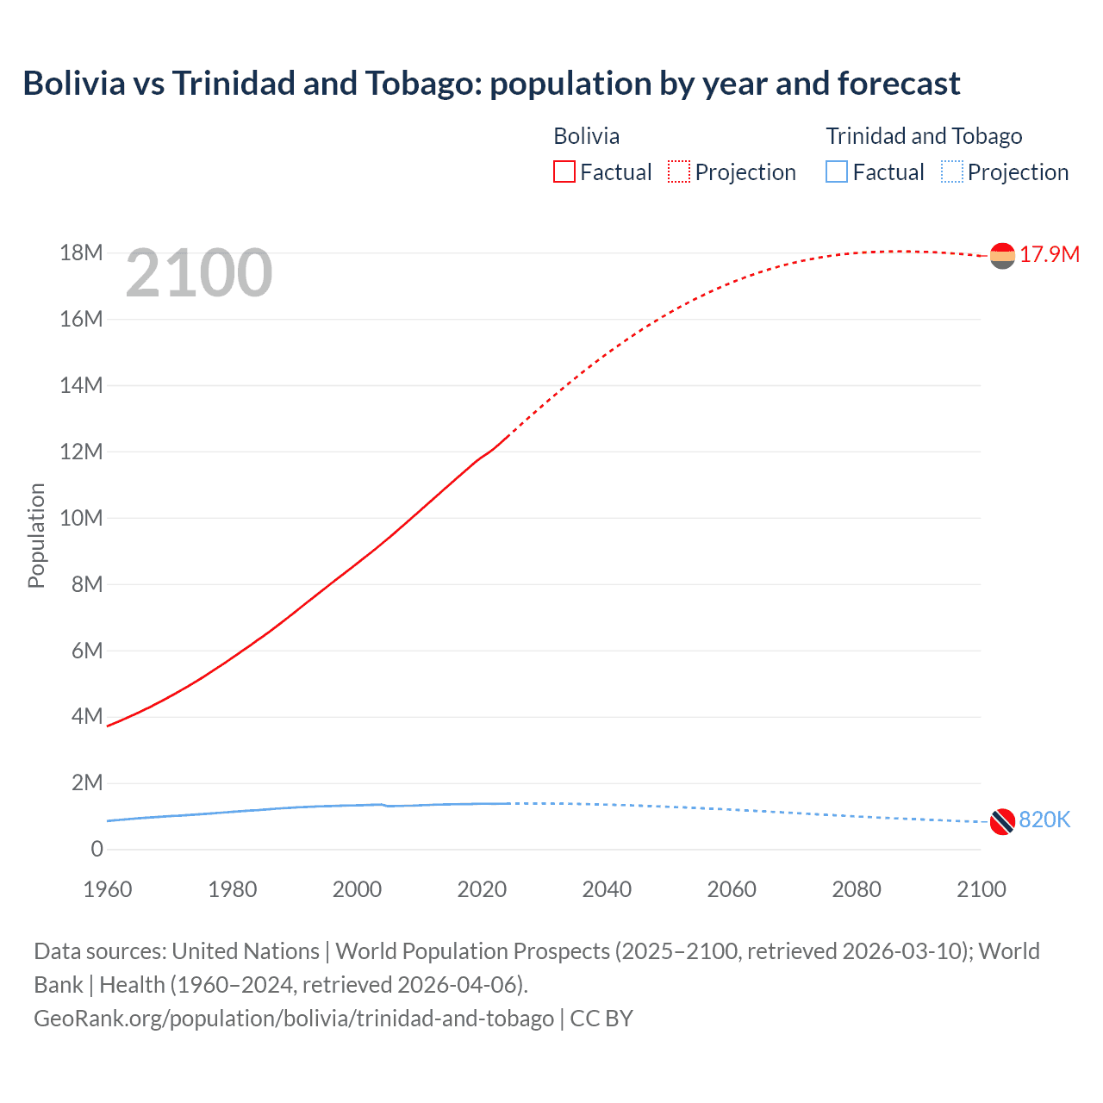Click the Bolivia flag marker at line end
(x=1002, y=256)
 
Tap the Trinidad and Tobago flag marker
(x=1002, y=822)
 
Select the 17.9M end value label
(x=1050, y=254)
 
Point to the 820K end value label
(x=1044, y=819)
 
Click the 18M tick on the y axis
(x=81, y=252)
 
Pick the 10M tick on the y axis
(x=81, y=518)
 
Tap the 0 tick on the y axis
(x=97, y=849)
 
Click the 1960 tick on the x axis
(x=108, y=889)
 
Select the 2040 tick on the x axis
(x=607, y=889)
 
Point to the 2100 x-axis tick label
(x=981, y=889)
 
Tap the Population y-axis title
(x=36, y=535)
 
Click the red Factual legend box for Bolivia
(x=564, y=172)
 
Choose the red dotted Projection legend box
(x=679, y=172)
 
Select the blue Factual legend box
(x=837, y=172)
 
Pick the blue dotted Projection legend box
(x=951, y=172)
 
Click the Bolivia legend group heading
(x=586, y=136)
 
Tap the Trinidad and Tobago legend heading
(x=924, y=136)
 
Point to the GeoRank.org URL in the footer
(x=294, y=1018)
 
